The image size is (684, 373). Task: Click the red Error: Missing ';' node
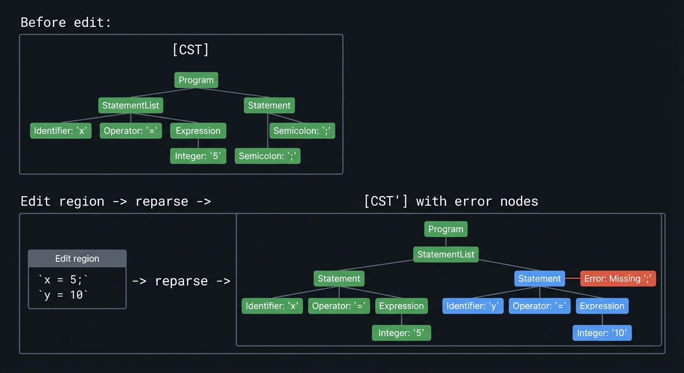pos(618,279)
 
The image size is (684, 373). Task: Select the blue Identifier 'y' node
pos(472,306)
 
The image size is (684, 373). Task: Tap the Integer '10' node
pos(602,333)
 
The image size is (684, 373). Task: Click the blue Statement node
pos(539,279)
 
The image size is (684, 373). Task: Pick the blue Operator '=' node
pos(539,306)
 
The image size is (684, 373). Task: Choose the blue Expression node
pos(602,306)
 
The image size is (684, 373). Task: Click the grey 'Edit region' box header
pos(77,259)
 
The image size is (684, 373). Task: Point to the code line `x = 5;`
pos(64,280)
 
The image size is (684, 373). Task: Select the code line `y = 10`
pos(64,295)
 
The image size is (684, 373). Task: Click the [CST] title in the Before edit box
pos(190,50)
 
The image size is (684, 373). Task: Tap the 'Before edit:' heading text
pos(66,22)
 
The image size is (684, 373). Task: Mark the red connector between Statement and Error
pos(573,279)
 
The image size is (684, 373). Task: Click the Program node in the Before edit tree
pos(196,80)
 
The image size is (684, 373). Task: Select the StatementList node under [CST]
pos(131,105)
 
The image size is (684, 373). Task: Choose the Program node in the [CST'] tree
pos(445,229)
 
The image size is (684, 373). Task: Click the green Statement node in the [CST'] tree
pos(339,279)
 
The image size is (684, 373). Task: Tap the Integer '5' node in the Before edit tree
pos(198,156)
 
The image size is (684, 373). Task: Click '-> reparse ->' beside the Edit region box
pos(181,281)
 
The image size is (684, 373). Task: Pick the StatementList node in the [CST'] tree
pos(445,254)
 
